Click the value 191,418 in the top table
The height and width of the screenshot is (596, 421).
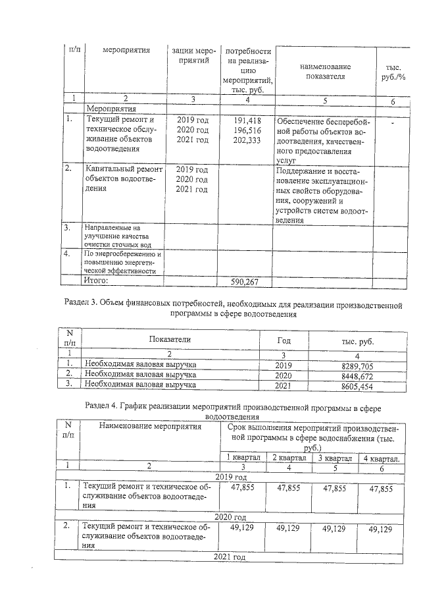click(x=247, y=120)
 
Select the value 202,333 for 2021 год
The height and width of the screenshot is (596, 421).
click(x=247, y=140)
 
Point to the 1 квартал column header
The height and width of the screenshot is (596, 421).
click(x=243, y=458)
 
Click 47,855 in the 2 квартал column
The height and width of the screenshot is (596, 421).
click(x=289, y=488)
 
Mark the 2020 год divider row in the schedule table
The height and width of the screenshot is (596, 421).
click(x=230, y=517)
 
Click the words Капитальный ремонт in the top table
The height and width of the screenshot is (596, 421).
click(x=122, y=169)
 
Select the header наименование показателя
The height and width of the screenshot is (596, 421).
click(x=324, y=71)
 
